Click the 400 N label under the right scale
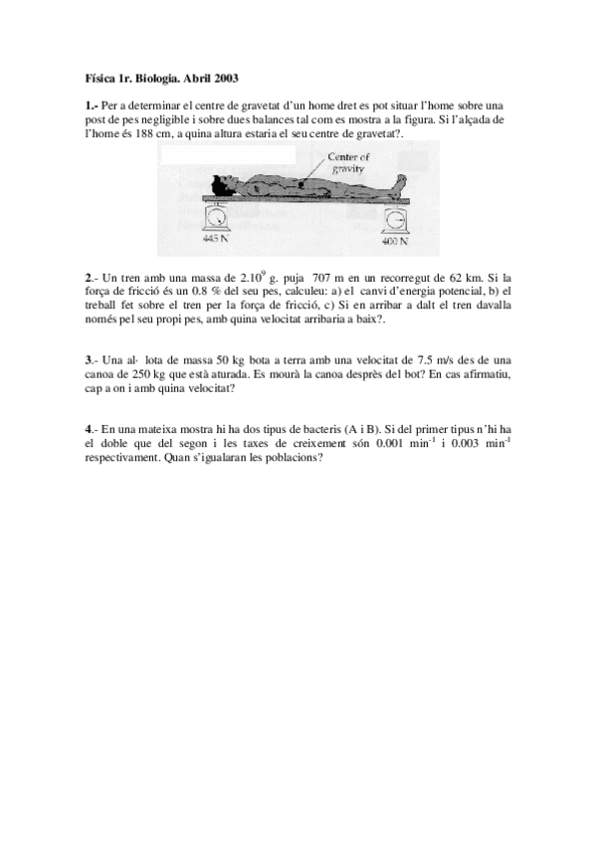397,241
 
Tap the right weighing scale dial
397,219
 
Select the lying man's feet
401,183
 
